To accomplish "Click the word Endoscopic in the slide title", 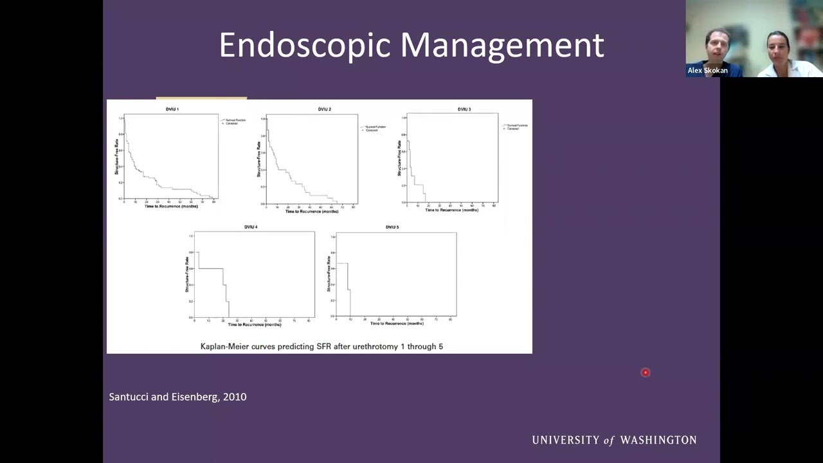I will (x=305, y=45).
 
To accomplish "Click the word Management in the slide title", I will (x=502, y=45).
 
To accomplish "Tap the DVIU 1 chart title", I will (x=172, y=109).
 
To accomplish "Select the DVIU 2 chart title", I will (x=324, y=109).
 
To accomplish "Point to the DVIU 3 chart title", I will (x=464, y=109).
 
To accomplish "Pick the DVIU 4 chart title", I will (x=251, y=227).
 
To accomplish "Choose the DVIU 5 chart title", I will (x=392, y=227).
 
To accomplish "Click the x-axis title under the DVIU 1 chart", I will (x=171, y=206).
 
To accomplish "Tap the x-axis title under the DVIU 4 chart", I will (x=255, y=324).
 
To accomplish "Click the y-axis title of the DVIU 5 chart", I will (x=329, y=273).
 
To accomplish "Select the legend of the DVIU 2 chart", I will (x=374, y=128).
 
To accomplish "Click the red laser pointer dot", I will (x=646, y=372).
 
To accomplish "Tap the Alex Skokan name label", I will (x=707, y=71).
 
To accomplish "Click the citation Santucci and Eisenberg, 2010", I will (x=177, y=397).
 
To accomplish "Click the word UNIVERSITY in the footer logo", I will (x=566, y=440).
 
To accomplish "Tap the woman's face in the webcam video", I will (x=777, y=48).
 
